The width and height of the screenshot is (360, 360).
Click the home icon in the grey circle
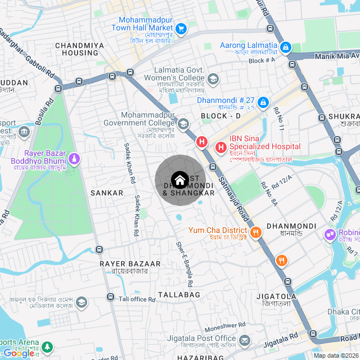pos(179,180)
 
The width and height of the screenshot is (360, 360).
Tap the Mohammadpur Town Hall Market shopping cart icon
pos(181,28)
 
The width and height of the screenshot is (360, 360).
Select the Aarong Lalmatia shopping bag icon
pos(286,46)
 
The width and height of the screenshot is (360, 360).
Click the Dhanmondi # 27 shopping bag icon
pos(263,102)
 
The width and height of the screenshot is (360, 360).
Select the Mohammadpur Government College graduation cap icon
pos(183,123)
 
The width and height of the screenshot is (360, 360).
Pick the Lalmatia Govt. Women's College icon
pos(213,78)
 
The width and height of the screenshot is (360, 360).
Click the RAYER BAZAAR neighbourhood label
pos(130,263)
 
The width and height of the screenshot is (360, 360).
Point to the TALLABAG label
pos(179,295)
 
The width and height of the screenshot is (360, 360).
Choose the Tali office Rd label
pos(137,299)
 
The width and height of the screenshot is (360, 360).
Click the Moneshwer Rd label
pos(225,325)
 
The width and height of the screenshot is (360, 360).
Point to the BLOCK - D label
pos(220,116)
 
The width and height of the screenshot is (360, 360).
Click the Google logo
pos(18,353)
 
